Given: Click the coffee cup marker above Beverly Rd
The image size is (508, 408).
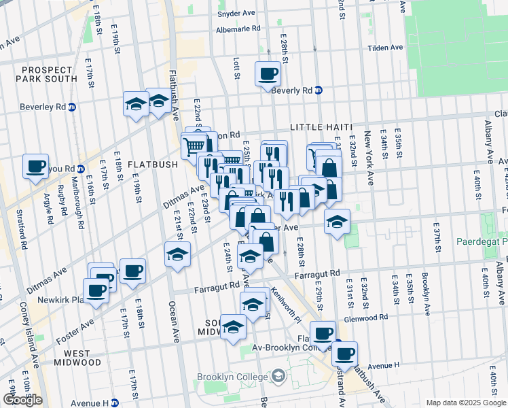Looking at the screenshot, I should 268,73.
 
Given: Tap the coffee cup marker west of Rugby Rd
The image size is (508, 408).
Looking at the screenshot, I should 35,165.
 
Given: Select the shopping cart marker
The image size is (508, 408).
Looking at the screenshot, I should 194,144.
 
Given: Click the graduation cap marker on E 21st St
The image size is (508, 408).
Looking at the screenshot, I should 178,254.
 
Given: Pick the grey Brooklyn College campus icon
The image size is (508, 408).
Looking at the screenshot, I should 278,376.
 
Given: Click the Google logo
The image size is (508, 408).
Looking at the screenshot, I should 22,400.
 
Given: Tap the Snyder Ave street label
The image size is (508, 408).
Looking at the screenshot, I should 234,14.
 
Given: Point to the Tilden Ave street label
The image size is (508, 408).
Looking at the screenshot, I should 385,48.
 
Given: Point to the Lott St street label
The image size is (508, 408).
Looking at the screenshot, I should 236,67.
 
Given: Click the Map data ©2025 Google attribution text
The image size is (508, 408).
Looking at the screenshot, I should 465,403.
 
